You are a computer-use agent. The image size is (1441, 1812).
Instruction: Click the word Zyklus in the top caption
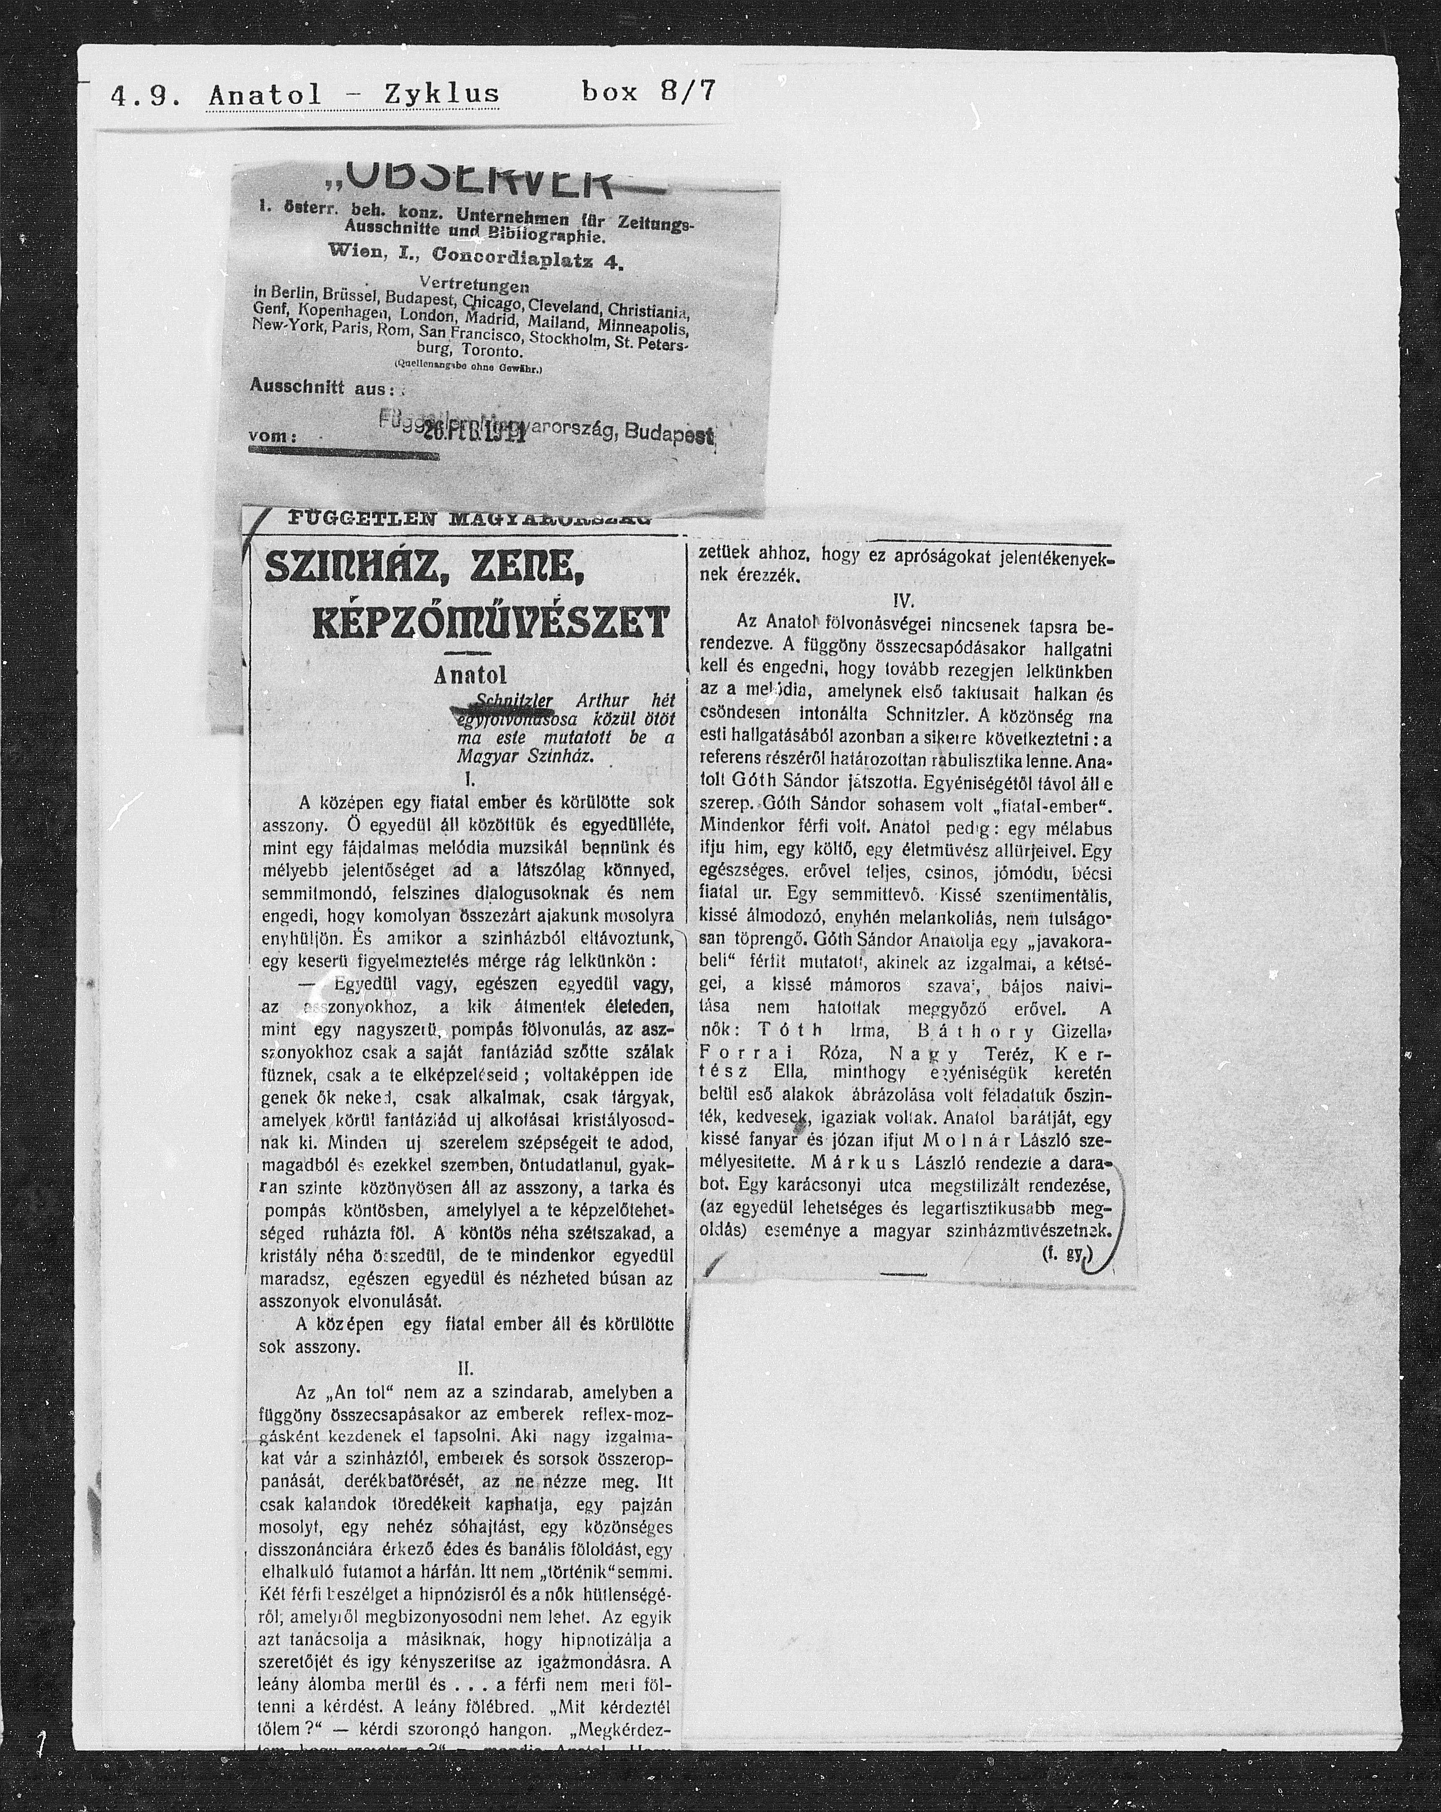pyautogui.click(x=441, y=93)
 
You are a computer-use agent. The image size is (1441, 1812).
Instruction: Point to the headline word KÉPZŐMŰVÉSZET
pyautogui.click(x=492, y=623)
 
